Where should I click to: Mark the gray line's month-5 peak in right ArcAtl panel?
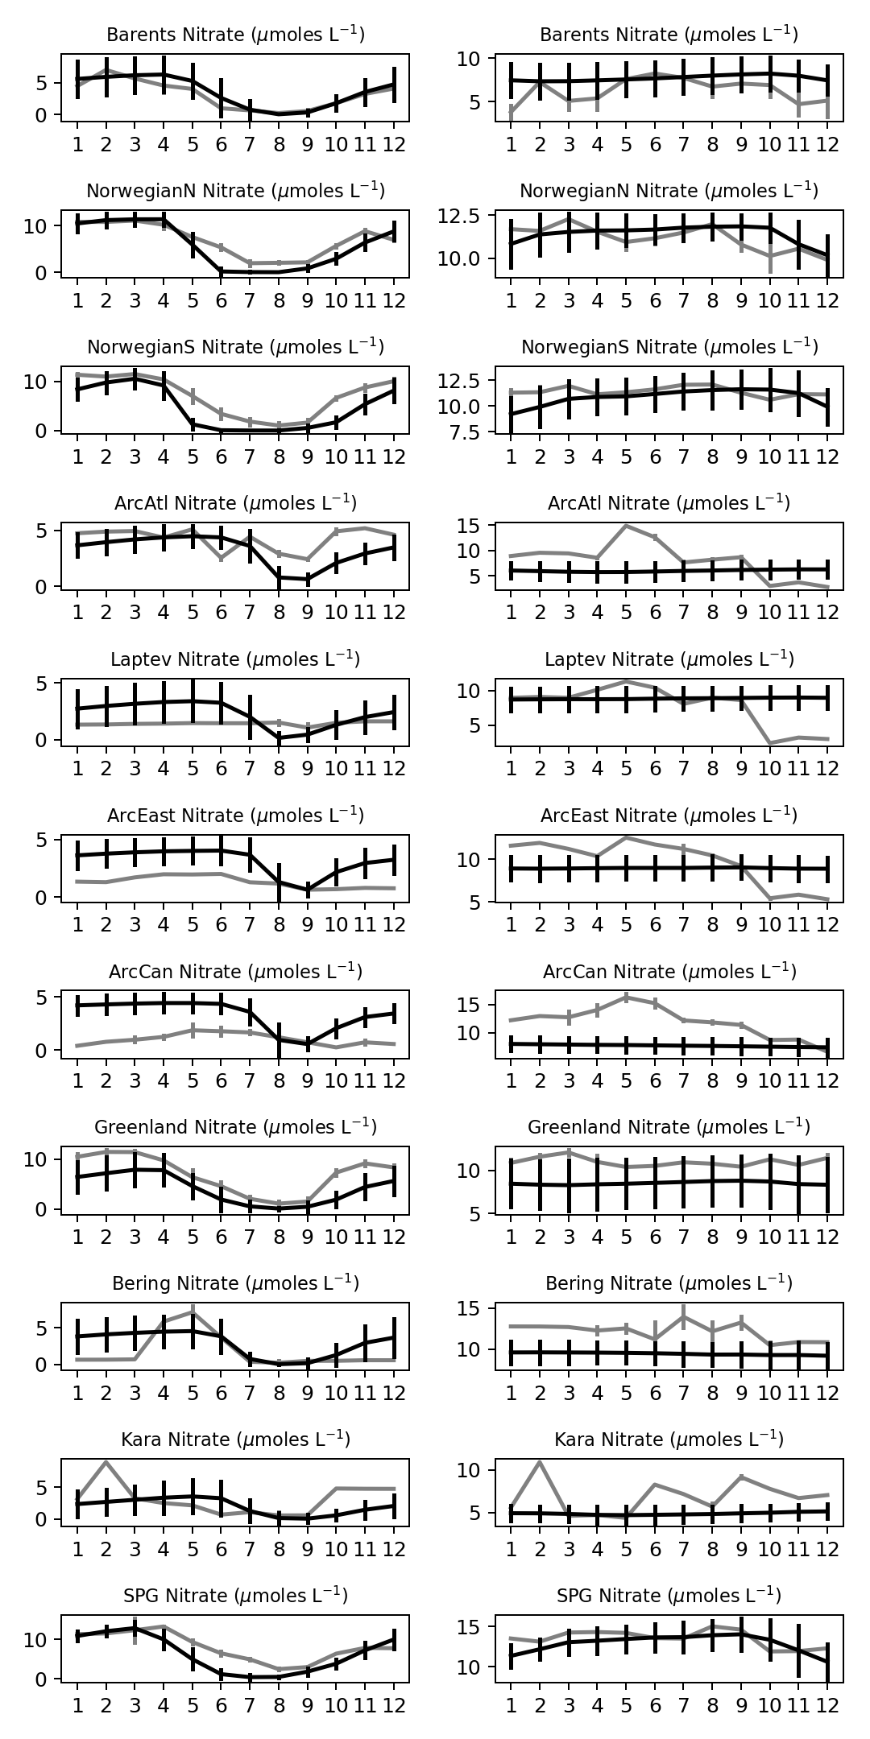coord(626,526)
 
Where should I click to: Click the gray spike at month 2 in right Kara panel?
coord(540,1461)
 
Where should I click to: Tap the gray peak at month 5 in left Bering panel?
coord(193,1311)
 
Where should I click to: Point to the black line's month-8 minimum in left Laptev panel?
coord(280,737)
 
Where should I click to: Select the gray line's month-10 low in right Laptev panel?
coord(770,743)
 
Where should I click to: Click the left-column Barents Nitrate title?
coord(235,35)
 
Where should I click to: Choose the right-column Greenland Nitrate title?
coord(669,1127)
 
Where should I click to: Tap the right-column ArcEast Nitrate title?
coord(669,816)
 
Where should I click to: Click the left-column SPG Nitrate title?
coord(235,1596)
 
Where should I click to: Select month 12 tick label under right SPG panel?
coord(827,1705)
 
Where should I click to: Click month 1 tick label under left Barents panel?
coord(78,144)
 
